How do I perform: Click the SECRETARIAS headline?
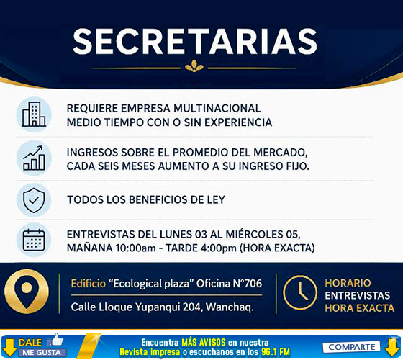195,42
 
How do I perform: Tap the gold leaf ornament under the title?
194,66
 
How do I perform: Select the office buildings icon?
34,114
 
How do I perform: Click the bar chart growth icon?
34,158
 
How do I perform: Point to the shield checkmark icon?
34,200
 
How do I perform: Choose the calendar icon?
34,240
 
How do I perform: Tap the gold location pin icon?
27,292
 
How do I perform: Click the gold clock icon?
300,292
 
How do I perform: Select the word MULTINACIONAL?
217,108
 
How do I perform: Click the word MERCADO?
281,153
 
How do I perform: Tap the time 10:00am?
135,248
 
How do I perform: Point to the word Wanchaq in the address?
230,307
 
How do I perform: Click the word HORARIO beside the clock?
348,283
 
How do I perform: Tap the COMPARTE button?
352,347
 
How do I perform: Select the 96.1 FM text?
276,352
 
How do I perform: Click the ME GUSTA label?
42,353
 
